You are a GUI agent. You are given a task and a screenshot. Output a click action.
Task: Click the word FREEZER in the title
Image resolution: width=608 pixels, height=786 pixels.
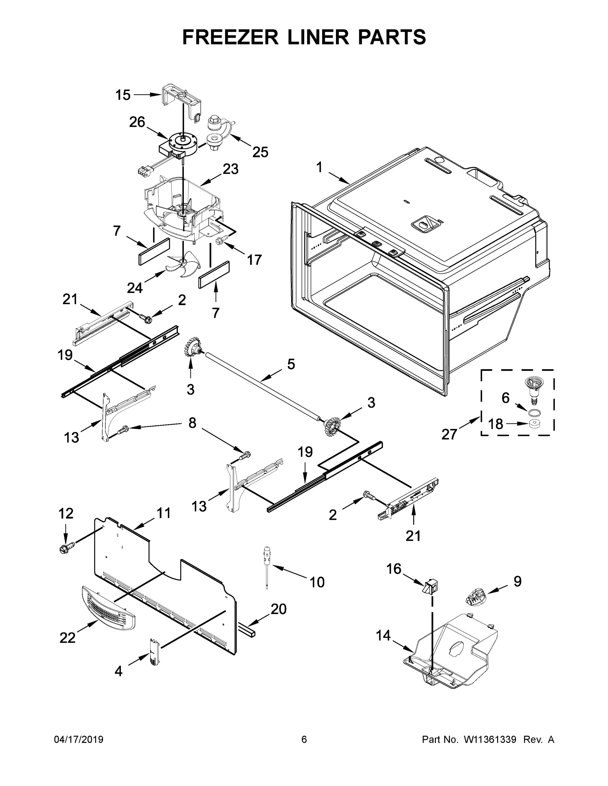pos(230,37)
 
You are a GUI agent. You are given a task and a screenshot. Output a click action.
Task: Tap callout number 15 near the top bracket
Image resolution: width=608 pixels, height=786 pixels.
pos(123,95)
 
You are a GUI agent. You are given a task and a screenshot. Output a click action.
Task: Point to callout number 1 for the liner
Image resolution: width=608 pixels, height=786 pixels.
pos(319,167)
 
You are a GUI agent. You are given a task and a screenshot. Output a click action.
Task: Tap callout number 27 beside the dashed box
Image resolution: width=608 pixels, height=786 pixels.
pos(449,434)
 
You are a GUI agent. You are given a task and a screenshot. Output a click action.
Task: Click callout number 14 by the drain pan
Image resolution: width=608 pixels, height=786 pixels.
pos(383,636)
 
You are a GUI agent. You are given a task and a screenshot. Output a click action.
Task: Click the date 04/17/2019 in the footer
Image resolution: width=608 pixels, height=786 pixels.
pos(79,739)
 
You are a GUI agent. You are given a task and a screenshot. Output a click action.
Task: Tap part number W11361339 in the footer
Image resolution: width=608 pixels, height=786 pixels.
pos(490,739)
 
